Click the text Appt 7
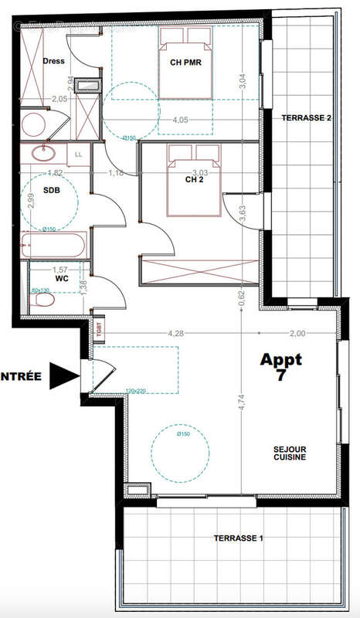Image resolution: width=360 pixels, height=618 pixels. coord(281,367)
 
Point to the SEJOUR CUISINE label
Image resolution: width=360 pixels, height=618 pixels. coord(290,453)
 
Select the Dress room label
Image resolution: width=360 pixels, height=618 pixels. coord(53,61)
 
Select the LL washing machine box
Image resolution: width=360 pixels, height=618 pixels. coord(79,154)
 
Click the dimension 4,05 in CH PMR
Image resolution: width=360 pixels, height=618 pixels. coord(180,120)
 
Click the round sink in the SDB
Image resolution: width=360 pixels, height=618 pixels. coord(43,153)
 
